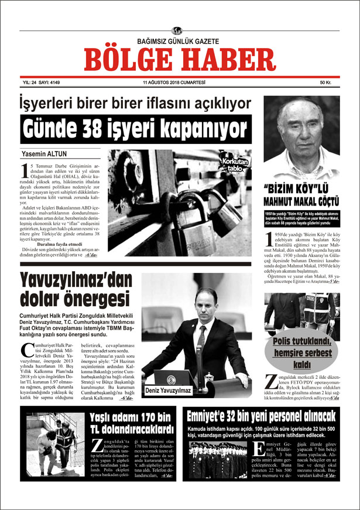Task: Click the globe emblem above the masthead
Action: (177, 31)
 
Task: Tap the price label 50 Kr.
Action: (326, 83)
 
